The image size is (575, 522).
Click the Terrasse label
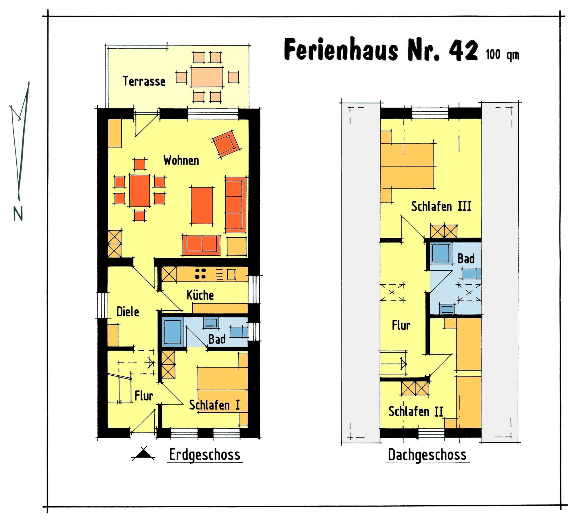(144, 81)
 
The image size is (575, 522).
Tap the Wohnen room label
(181, 160)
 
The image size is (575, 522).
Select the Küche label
(200, 295)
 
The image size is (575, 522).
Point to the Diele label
(128, 311)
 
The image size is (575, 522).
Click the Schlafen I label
(214, 405)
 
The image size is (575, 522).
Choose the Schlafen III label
(441, 206)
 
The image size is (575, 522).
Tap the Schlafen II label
(416, 411)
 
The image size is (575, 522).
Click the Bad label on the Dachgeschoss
(466, 259)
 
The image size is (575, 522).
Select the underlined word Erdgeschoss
(205, 455)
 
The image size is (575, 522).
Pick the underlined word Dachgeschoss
(427, 455)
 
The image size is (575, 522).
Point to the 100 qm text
(503, 55)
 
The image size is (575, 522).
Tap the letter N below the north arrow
(18, 214)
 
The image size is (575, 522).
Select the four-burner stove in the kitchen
(200, 274)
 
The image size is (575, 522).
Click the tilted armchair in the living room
(226, 144)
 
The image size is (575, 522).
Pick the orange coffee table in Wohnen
(202, 205)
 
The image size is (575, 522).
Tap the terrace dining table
(207, 77)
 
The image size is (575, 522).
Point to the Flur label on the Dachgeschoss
(401, 325)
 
